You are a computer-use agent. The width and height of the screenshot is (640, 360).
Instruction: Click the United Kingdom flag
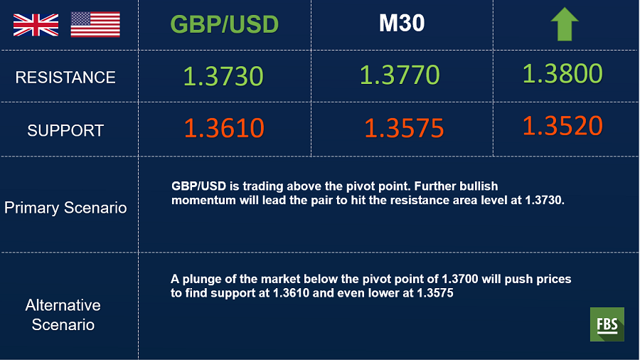coord(36,25)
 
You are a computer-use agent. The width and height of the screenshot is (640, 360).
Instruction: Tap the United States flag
coord(95,24)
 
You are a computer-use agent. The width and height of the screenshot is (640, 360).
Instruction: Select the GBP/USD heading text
coord(225,24)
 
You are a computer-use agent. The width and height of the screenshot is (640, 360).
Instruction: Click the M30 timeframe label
coord(402,23)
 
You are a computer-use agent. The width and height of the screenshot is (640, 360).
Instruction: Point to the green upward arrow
coord(565,24)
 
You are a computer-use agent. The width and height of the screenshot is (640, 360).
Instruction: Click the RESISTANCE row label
coord(65,77)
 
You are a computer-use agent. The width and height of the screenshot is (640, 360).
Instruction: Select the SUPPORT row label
coord(65,131)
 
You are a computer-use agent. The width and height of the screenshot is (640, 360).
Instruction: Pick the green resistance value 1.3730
coord(223,76)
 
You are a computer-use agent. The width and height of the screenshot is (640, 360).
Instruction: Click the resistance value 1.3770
coord(400,75)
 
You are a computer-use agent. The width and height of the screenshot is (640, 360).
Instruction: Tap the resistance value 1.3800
coord(562,73)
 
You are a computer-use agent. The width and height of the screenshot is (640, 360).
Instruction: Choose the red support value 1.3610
coord(224,128)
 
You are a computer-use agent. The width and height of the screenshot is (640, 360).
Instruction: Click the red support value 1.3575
coord(404,128)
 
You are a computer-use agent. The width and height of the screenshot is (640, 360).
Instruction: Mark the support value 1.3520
coord(562,125)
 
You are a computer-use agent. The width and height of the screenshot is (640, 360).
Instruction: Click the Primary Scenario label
coord(65,208)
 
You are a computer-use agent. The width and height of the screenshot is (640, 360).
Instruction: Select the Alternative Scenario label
coord(63,315)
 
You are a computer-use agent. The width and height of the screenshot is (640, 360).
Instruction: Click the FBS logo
coord(607,324)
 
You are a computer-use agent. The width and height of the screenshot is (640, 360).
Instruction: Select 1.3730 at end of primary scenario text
coord(544,201)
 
